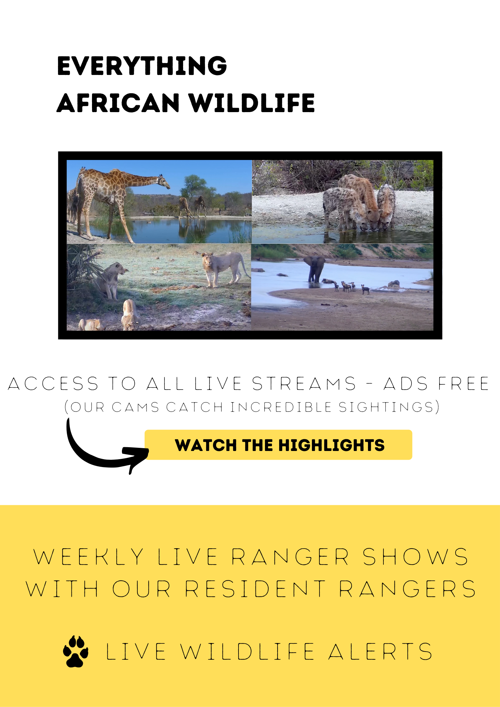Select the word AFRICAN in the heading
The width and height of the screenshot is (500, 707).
coord(118,103)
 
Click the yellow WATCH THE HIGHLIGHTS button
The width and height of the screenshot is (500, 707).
coord(278,444)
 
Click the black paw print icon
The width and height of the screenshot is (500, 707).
coord(76,651)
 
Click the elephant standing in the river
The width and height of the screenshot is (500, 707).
coord(315,268)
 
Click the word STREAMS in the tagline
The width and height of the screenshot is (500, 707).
coord(304,384)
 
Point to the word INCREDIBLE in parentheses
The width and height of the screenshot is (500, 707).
coord(281,407)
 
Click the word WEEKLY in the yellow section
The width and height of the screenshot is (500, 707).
coord(89,557)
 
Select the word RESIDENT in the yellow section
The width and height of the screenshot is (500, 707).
coord(255,589)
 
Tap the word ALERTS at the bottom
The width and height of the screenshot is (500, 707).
coord(380,652)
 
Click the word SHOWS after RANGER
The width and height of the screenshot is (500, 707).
coord(416,557)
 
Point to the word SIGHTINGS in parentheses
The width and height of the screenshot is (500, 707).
coord(387,407)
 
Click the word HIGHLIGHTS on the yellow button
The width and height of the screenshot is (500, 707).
coord(331,445)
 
